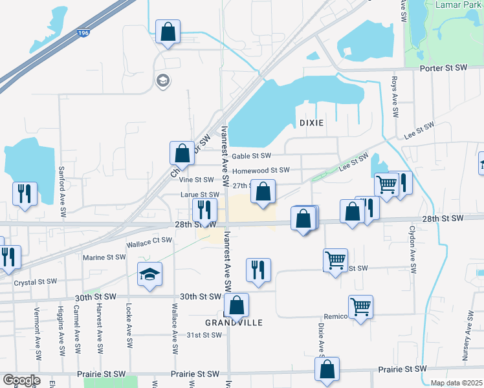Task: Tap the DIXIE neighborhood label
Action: pos(311,122)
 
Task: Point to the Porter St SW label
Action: pos(443,67)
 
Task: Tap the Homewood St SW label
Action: pos(261,171)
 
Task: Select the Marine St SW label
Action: pos(104,257)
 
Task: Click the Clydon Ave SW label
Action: pos(412,250)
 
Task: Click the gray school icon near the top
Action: pos(162,80)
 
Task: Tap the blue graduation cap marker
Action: pos(149,274)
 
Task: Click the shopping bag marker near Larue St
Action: pos(263,192)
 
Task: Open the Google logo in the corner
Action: pos(21,380)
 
